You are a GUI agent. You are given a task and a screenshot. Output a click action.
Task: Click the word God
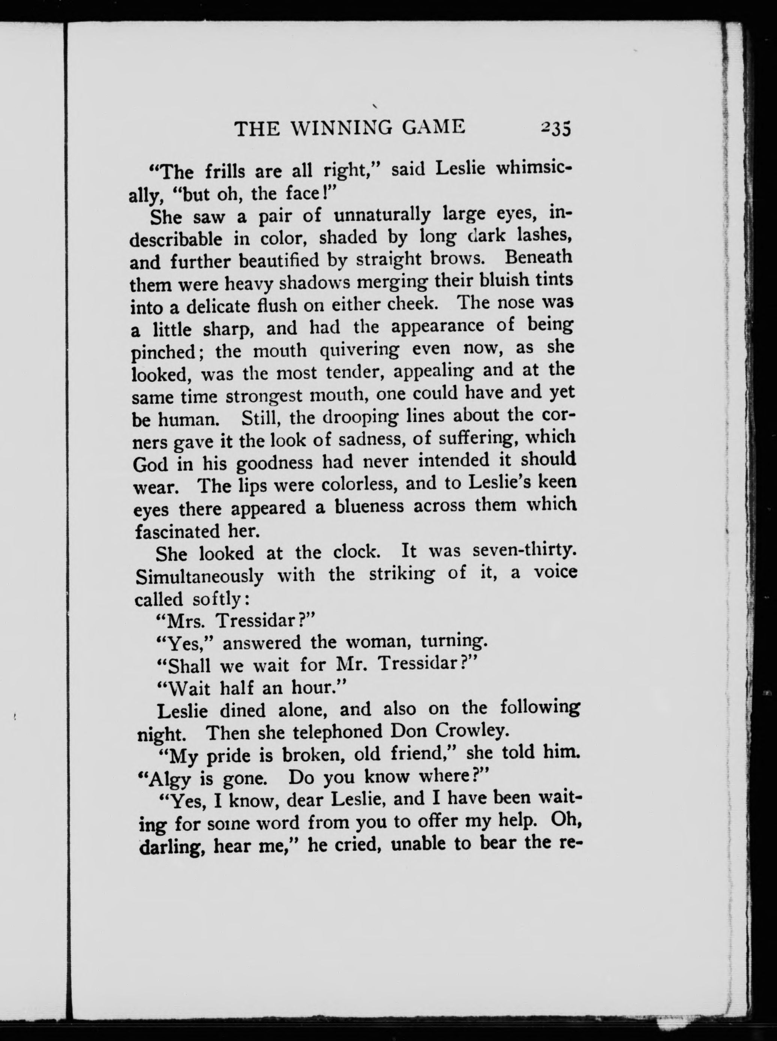[150, 465]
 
